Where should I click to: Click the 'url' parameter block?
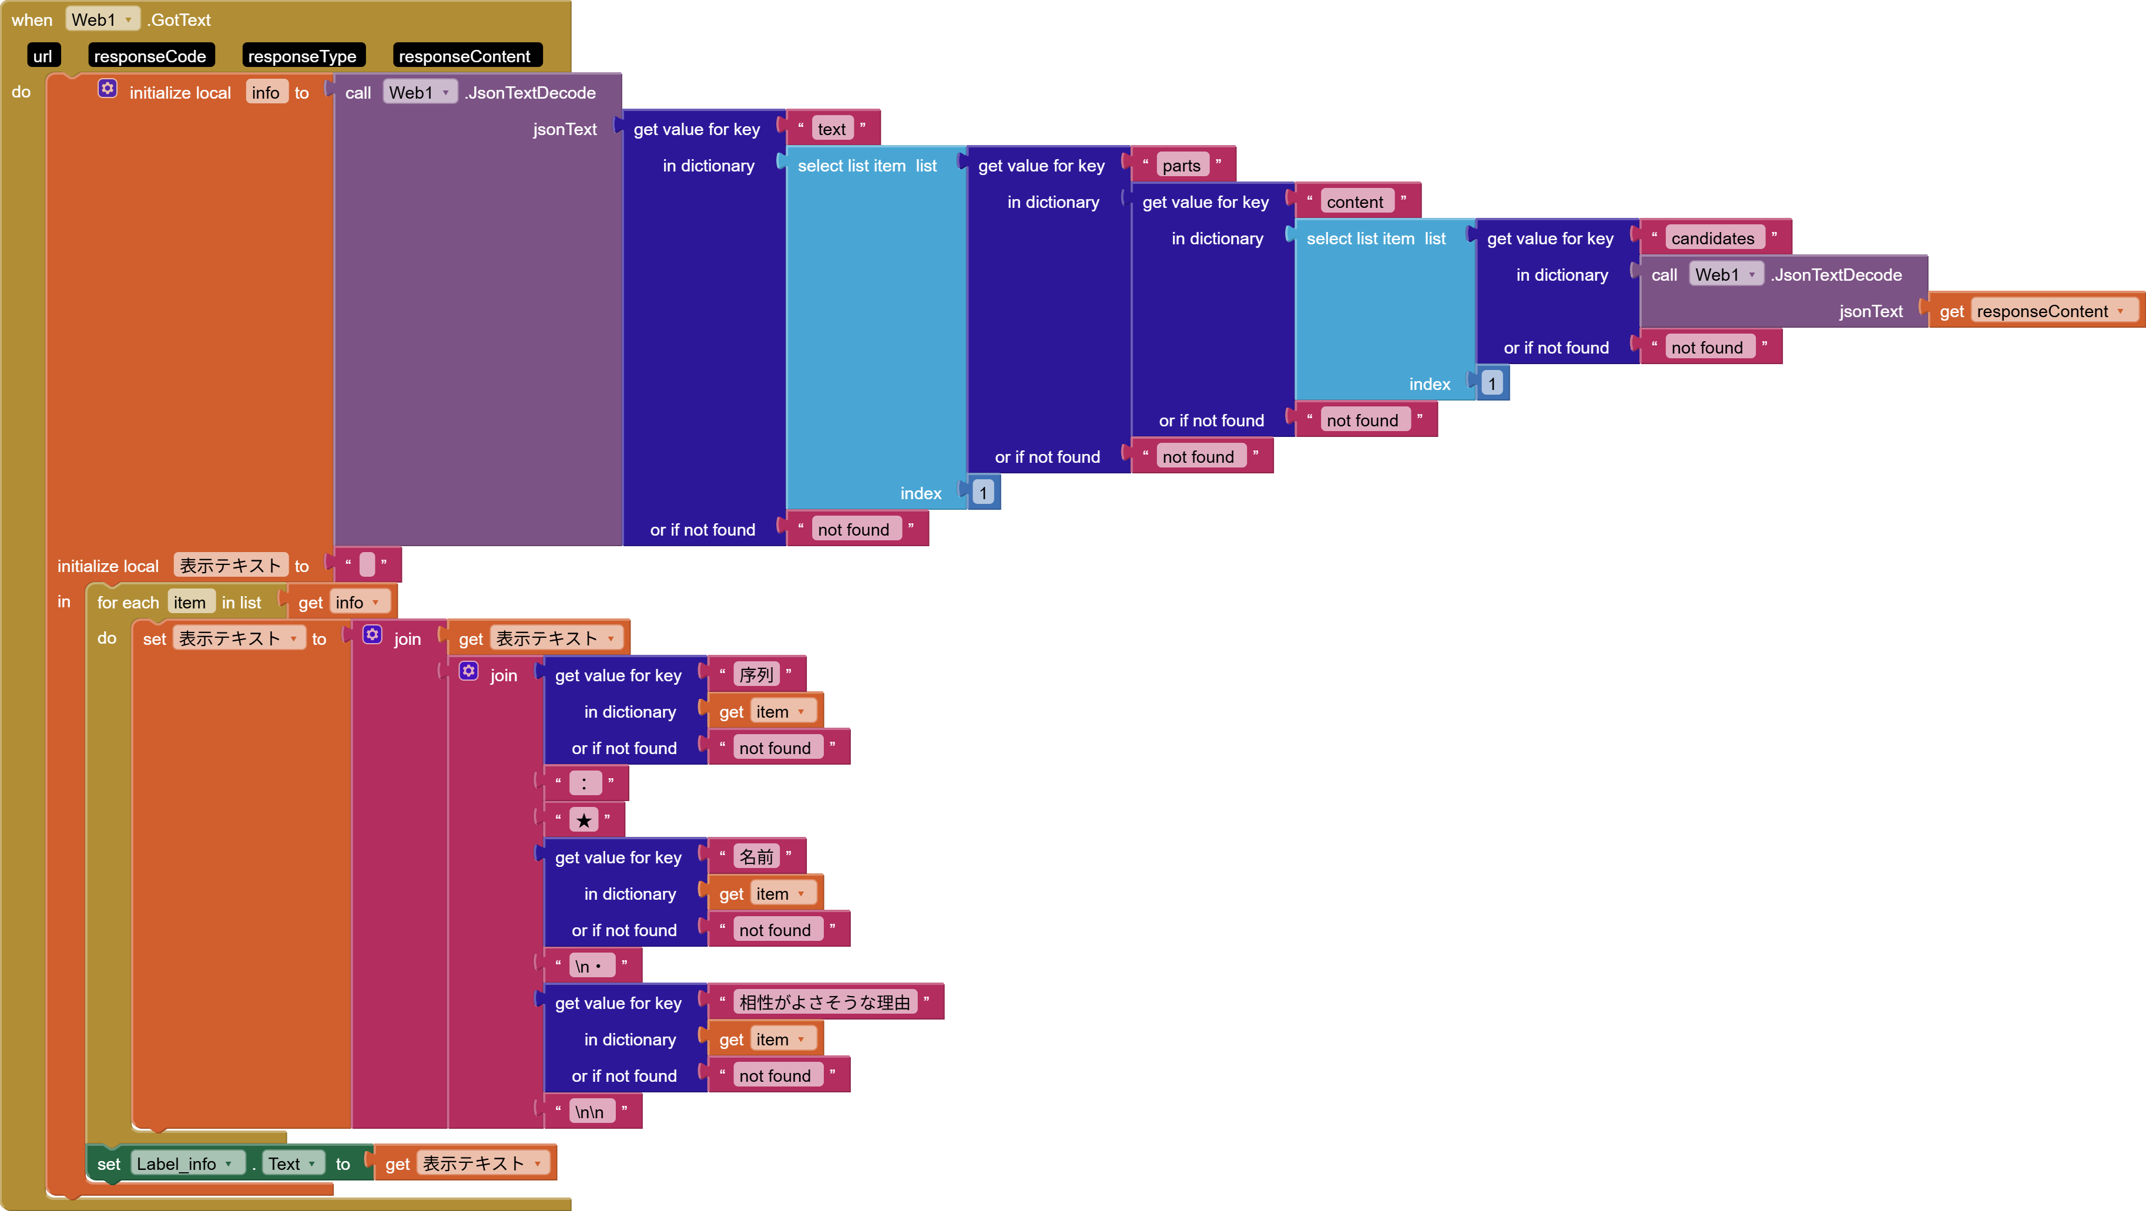(x=42, y=56)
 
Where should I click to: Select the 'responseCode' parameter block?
(x=150, y=56)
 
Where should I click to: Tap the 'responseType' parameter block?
(x=301, y=56)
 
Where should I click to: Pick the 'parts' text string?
(x=1181, y=166)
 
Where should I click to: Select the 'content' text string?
(x=1354, y=201)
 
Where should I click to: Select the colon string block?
(x=584, y=783)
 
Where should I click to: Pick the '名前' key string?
(x=756, y=857)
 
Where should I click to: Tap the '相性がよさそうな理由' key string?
(x=824, y=1003)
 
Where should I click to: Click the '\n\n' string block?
(x=590, y=1112)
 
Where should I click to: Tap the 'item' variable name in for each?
(x=190, y=602)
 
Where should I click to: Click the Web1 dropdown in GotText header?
(x=102, y=19)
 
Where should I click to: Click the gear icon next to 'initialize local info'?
(x=108, y=88)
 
